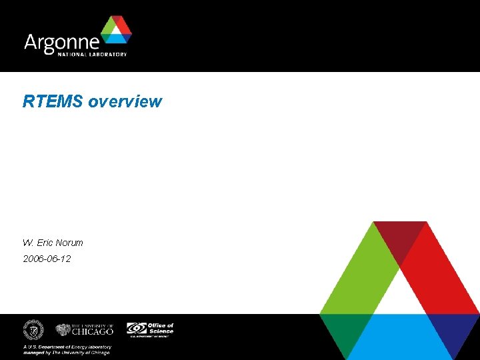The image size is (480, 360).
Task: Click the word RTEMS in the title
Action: click(x=53, y=101)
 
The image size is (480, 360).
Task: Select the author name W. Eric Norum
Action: click(x=53, y=243)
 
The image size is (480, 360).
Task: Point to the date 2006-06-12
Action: click(x=47, y=258)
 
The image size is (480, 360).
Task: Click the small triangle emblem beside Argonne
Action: click(x=116, y=32)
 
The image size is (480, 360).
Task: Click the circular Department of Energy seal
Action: click(x=33, y=330)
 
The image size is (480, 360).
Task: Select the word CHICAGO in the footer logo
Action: click(x=93, y=331)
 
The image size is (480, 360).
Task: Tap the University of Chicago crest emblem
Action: click(x=63, y=330)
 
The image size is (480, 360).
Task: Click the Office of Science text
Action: click(x=161, y=328)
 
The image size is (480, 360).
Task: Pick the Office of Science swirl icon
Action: click(x=137, y=329)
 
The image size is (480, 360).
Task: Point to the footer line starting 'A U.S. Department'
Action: click(x=67, y=347)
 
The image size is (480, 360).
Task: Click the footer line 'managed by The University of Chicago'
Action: click(x=67, y=353)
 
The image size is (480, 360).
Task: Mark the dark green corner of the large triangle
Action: click(x=343, y=330)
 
